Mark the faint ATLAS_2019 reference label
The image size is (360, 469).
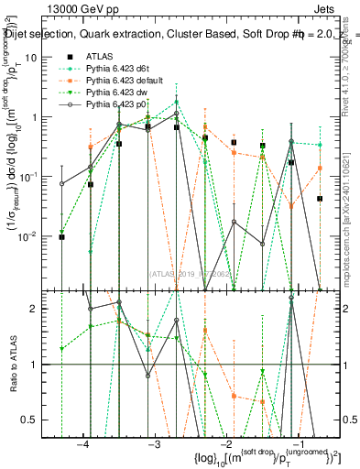192,272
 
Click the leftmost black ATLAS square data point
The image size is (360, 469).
61,237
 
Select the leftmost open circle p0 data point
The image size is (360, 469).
61,183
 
